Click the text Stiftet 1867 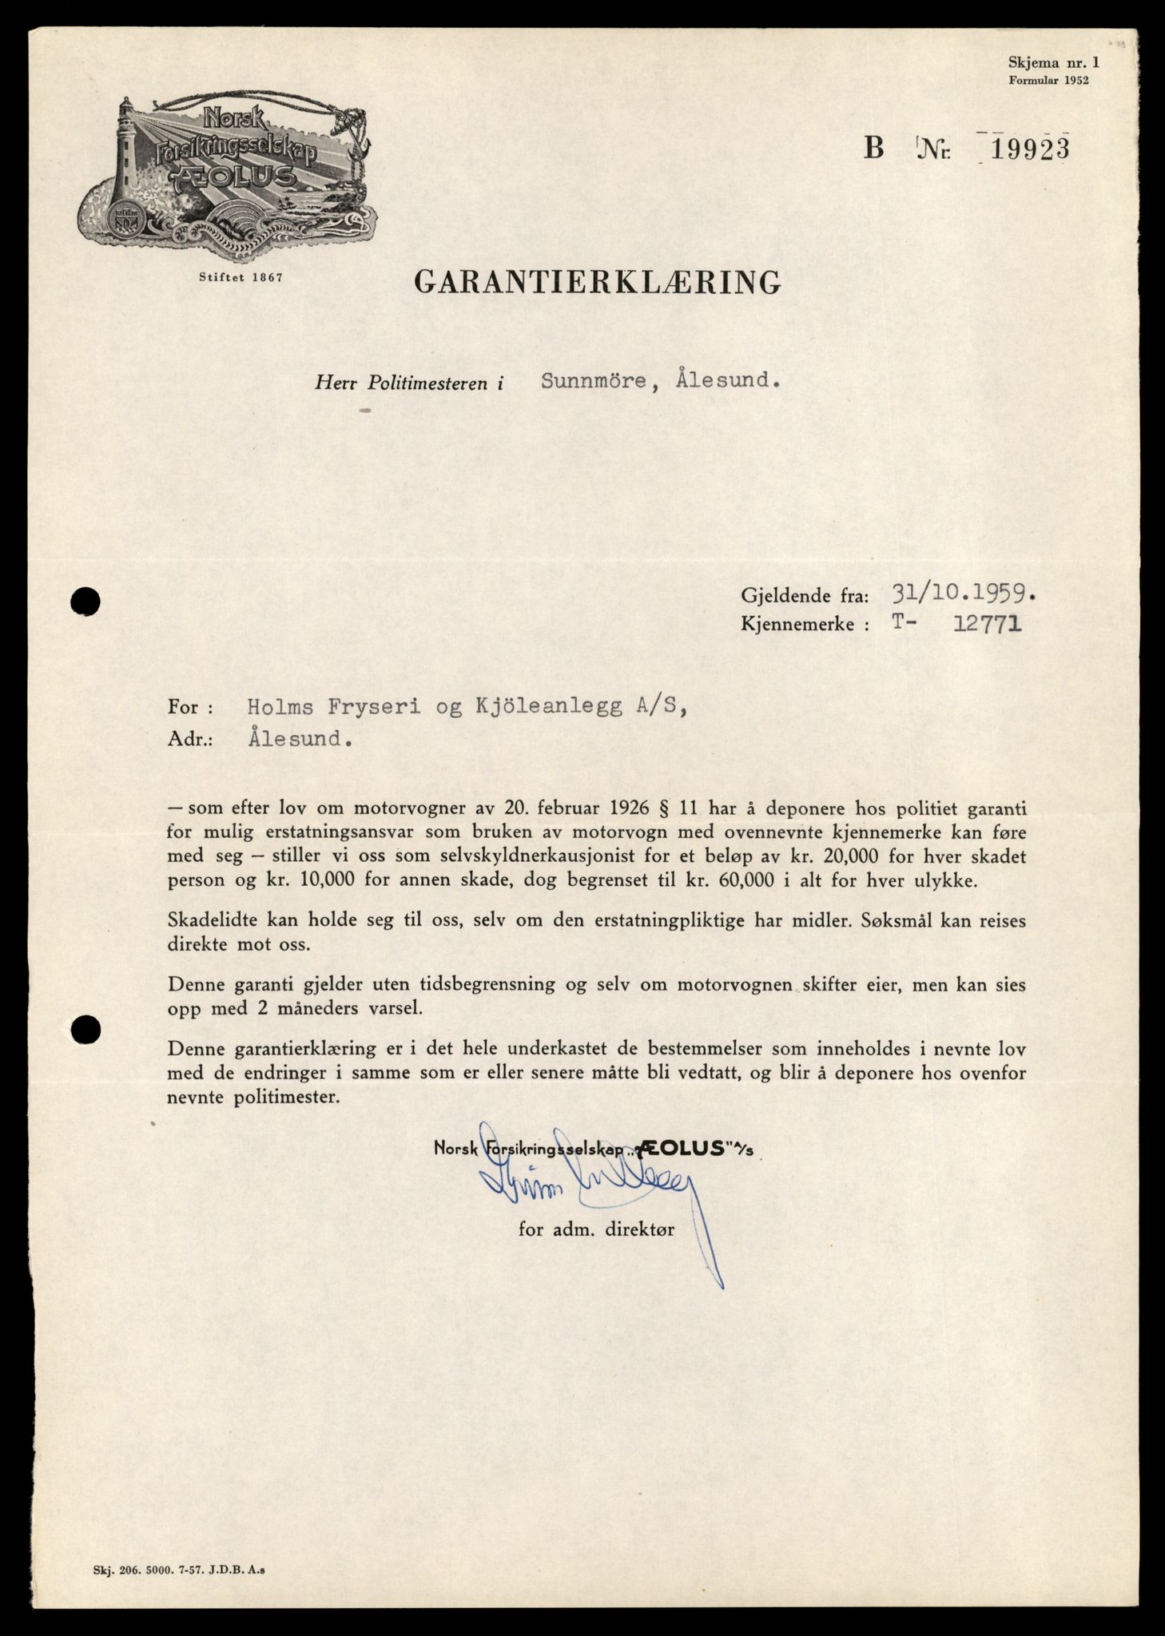(x=241, y=278)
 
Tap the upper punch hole (x=85, y=602)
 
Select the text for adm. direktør (x=596, y=1229)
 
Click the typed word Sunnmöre (x=594, y=381)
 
